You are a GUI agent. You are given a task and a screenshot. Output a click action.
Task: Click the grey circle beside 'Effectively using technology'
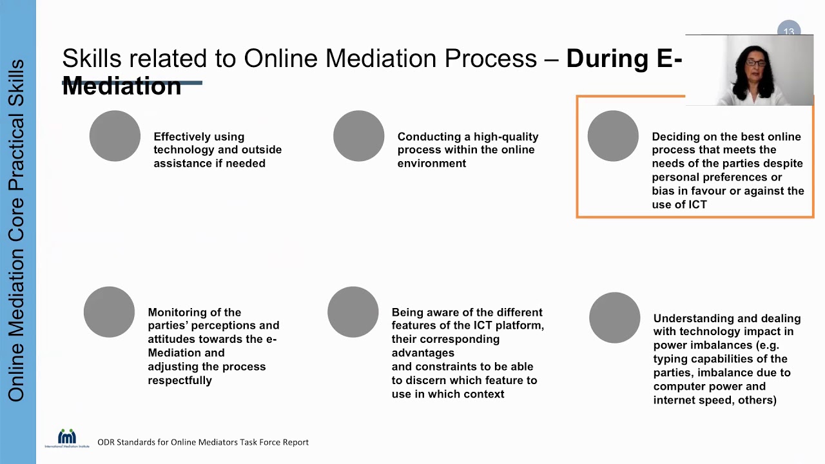point(115,136)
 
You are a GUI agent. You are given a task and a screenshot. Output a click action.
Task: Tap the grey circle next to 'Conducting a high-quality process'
point(358,136)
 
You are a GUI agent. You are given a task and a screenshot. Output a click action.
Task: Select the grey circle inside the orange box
point(613,136)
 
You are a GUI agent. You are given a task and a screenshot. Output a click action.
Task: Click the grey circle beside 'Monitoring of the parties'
point(109,312)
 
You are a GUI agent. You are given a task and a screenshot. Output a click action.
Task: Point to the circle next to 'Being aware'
point(353,312)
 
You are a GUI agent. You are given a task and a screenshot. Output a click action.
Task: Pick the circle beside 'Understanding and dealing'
point(614,318)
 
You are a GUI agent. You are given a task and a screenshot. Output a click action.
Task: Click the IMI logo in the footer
point(67,438)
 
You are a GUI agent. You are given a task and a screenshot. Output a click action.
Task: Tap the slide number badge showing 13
point(789,31)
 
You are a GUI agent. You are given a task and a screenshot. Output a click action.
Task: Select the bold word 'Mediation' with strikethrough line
point(122,86)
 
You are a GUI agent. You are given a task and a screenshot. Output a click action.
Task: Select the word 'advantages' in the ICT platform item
point(423,353)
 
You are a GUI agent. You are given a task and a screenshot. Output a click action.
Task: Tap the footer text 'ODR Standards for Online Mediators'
point(202,442)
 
